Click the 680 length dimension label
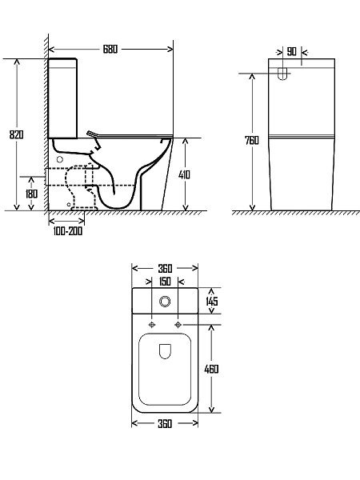pyautogui.click(x=110, y=49)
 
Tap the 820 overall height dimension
pyautogui.click(x=16, y=134)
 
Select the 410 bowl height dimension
pyautogui.click(x=184, y=174)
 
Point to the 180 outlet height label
pyautogui.click(x=31, y=194)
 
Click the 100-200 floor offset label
pyautogui.click(x=68, y=231)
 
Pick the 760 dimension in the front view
pyautogui.click(x=252, y=140)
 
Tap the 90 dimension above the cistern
pyautogui.click(x=292, y=51)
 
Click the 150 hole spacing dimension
pyautogui.click(x=165, y=282)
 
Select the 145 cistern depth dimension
pyautogui.click(x=212, y=301)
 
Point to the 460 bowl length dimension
pyautogui.click(x=211, y=369)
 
